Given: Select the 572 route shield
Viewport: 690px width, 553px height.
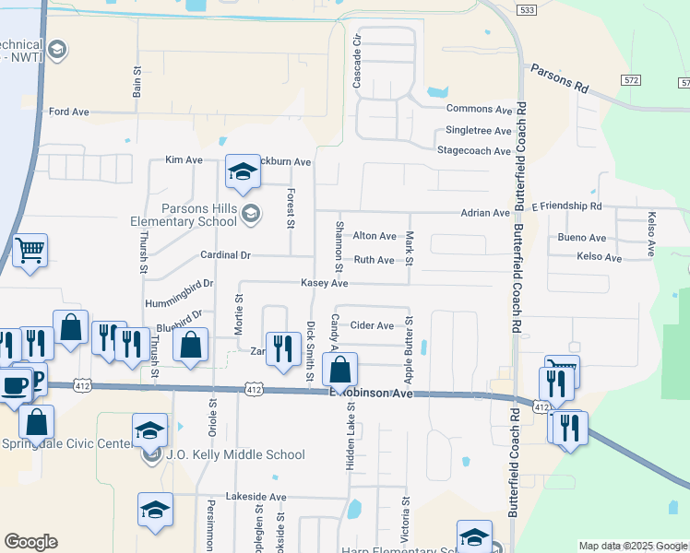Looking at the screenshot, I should click(x=630, y=81).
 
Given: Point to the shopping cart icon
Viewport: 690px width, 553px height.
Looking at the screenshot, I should click(x=30, y=249).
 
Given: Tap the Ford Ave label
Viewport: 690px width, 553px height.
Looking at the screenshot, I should click(x=69, y=112).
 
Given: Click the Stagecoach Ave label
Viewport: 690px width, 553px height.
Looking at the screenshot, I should click(x=473, y=150).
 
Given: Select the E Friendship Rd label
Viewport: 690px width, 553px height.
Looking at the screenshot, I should click(x=566, y=206).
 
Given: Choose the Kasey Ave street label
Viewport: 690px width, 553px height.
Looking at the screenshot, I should click(x=323, y=284).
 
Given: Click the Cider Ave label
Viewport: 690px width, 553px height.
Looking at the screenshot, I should click(x=373, y=325).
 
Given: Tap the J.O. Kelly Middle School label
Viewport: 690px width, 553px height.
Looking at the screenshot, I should click(x=235, y=454).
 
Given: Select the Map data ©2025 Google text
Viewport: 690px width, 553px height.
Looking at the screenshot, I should click(x=632, y=546).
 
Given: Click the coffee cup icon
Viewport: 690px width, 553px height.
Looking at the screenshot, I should click(x=15, y=385).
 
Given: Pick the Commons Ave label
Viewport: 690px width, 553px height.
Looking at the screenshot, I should click(x=478, y=108).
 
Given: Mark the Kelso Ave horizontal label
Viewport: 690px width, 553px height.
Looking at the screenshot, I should click(x=599, y=257).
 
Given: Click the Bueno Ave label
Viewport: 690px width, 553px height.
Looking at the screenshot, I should click(x=582, y=237).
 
